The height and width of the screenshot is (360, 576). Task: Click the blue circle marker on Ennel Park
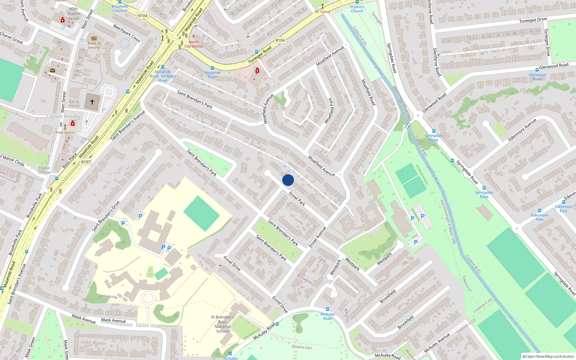[x=288, y=180]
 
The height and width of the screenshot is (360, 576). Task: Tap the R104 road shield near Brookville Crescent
[x=143, y=15]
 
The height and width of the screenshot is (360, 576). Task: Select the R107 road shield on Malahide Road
[x=86, y=162]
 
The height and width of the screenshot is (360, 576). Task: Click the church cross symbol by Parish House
[x=92, y=102]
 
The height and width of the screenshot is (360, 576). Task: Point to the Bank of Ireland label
[x=94, y=45]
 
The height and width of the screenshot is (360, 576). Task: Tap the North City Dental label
[x=194, y=44]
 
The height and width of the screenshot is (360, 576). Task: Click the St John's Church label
[x=357, y=9]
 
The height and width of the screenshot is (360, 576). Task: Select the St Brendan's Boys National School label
[x=222, y=324]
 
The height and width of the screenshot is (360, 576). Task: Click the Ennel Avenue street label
[x=318, y=237]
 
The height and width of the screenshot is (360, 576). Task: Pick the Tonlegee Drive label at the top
[x=533, y=21]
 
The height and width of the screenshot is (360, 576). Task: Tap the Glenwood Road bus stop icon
[x=537, y=69]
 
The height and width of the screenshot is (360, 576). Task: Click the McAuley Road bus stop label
[x=328, y=316]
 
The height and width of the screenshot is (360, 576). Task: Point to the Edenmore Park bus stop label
[x=539, y=217]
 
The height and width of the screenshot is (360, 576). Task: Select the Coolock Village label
[x=62, y=116]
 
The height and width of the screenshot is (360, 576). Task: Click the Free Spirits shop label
[x=65, y=132]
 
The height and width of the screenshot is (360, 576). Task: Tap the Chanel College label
[x=44, y=170]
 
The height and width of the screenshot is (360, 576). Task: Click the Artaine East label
[x=302, y=347]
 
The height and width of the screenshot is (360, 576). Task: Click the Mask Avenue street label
[x=113, y=320]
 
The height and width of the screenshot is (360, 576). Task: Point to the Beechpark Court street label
[x=126, y=33]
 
